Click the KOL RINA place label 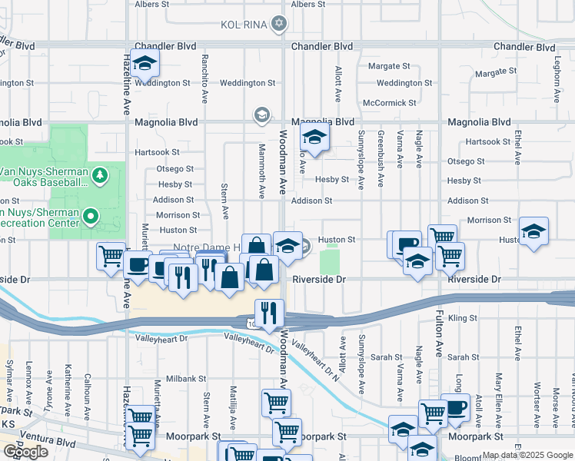pyautogui.click(x=242, y=24)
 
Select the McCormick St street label pyautogui.click(x=389, y=102)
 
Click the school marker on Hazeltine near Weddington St pyautogui.click(x=144, y=65)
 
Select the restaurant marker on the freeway pyautogui.click(x=269, y=313)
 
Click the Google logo pyautogui.click(x=26, y=451)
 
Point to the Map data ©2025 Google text pyautogui.click(x=527, y=455)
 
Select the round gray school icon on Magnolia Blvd pyautogui.click(x=261, y=115)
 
